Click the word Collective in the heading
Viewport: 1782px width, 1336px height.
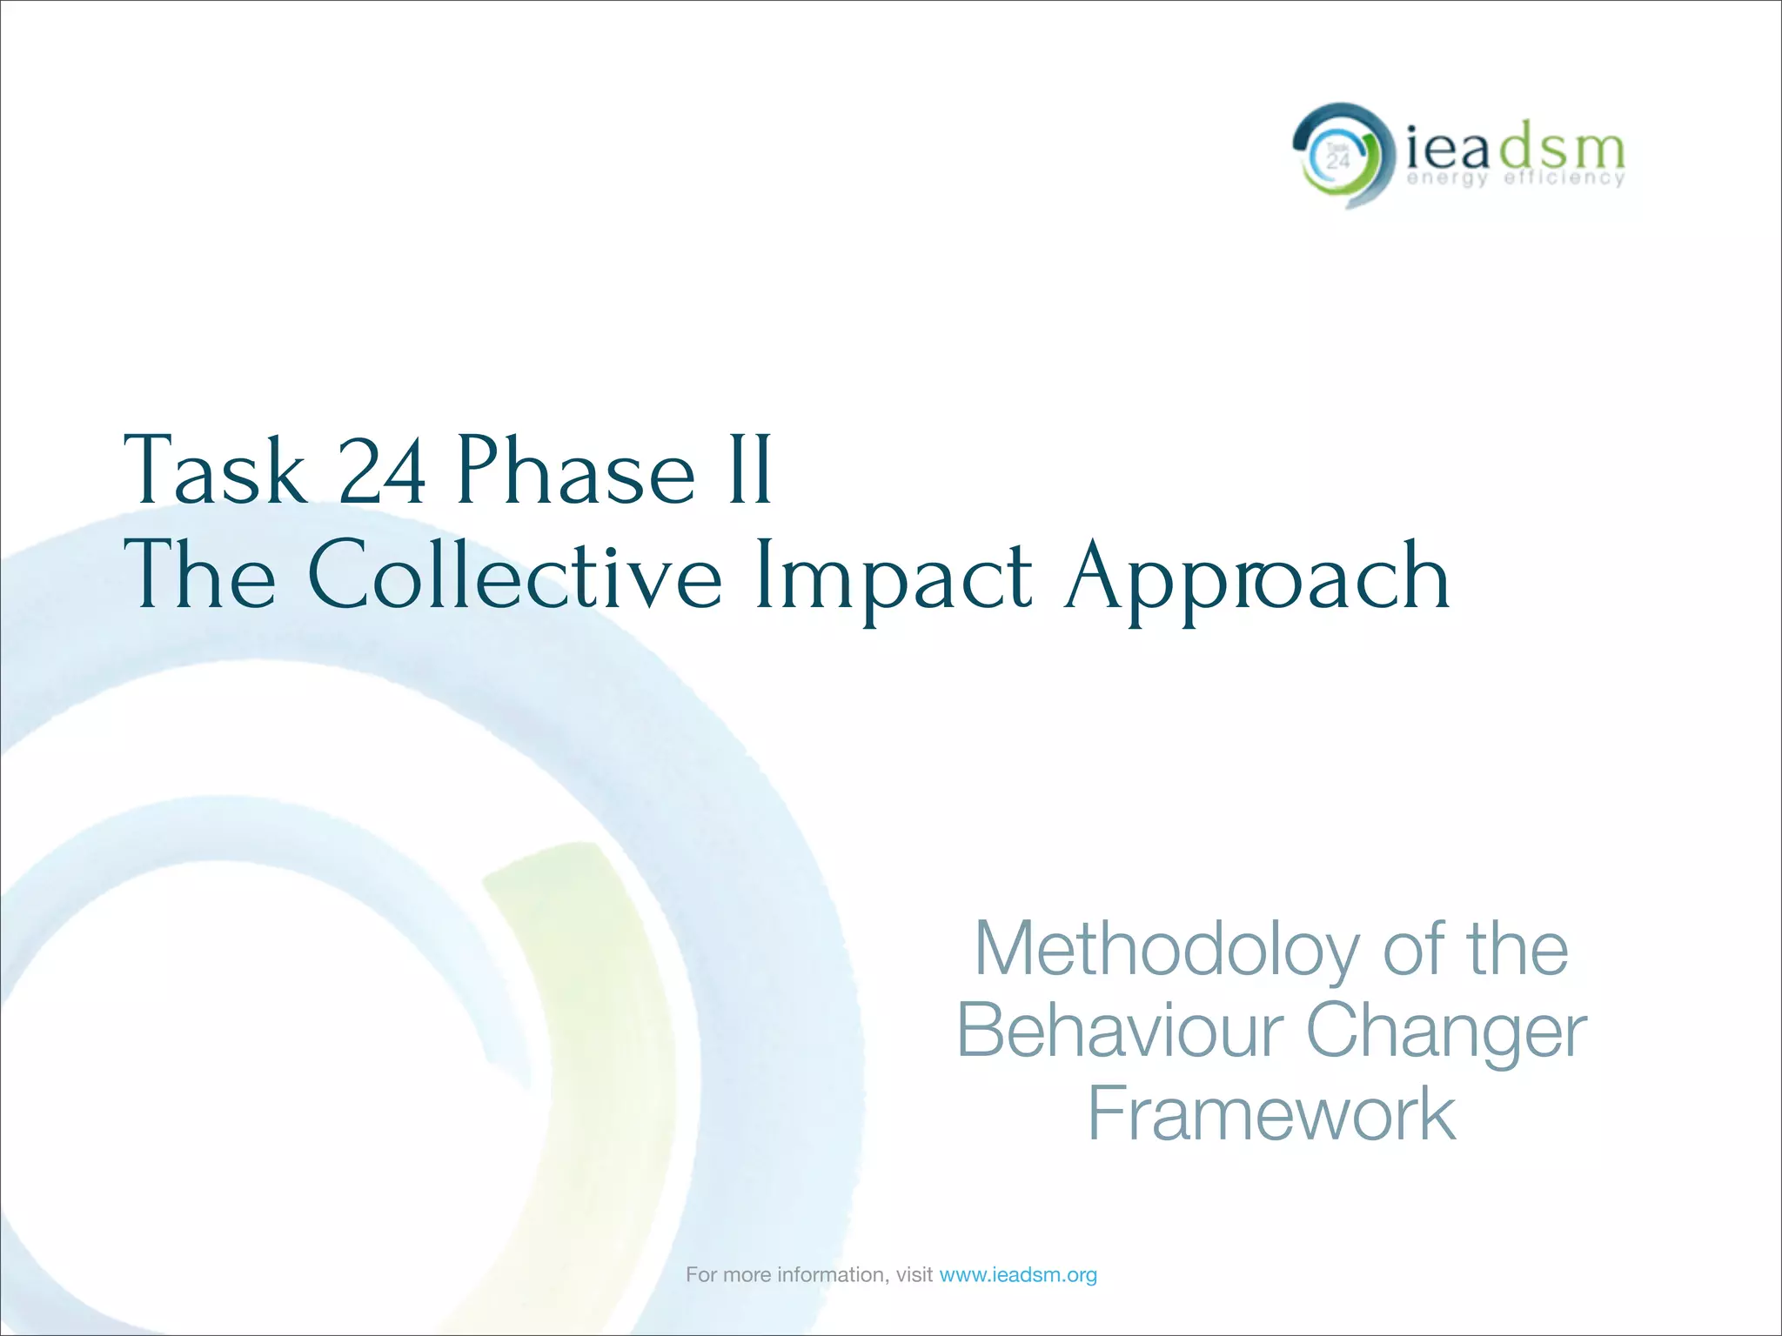tap(514, 575)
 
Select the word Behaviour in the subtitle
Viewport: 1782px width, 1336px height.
tap(1119, 1031)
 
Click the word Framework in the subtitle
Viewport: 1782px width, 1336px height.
tap(1271, 1114)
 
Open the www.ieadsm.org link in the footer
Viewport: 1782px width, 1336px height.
tap(1018, 1275)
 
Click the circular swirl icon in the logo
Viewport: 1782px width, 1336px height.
tap(1338, 156)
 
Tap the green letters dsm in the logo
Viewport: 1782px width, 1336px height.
tap(1561, 150)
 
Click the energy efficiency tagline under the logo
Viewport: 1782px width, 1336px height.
tap(1516, 178)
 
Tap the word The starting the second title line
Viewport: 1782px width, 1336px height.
tap(200, 575)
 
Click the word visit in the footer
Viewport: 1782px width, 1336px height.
tap(914, 1275)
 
